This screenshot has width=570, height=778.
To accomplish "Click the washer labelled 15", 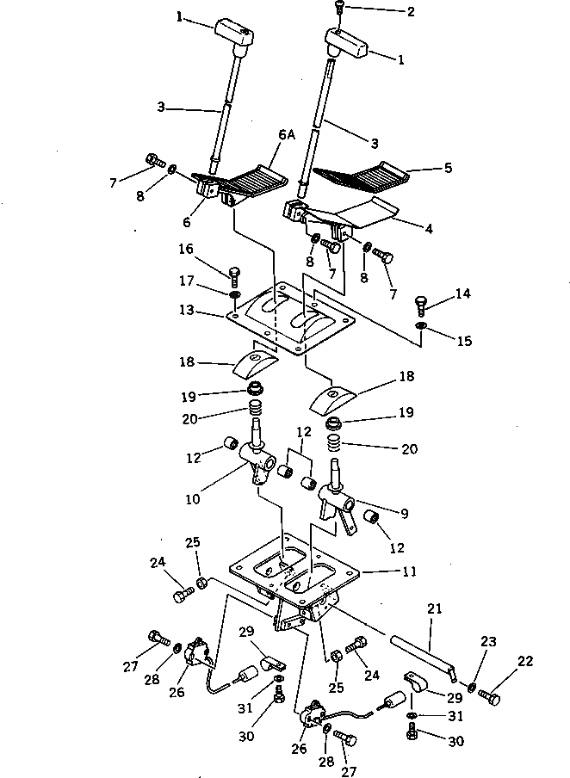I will [x=419, y=326].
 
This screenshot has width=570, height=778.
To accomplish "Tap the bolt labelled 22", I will [x=488, y=697].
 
